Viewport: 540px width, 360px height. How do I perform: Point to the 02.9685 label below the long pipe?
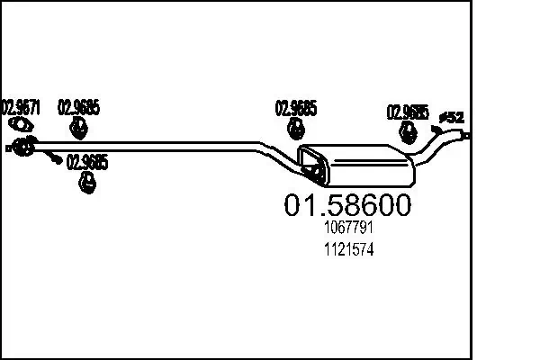tap(88, 163)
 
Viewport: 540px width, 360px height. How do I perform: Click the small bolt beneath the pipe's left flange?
tap(54, 159)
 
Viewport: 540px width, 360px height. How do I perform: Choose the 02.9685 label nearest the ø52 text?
tap(407, 112)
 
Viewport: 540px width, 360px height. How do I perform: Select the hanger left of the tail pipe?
tap(407, 134)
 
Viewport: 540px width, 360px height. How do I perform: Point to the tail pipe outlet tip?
tap(467, 135)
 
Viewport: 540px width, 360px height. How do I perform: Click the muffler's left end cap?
tap(312, 167)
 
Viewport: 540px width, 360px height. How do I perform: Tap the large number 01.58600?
tap(347, 205)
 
